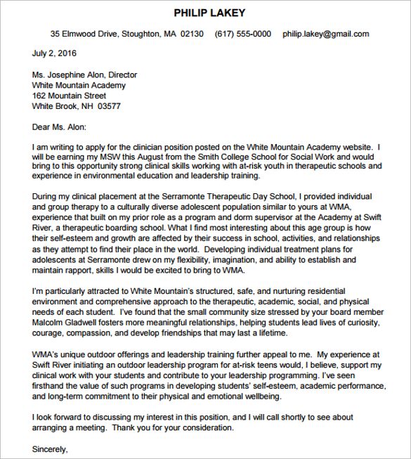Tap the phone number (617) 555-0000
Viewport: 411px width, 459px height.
pos(242,34)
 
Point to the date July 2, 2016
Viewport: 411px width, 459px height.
pos(55,53)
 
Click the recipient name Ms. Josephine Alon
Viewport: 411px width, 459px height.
pos(70,75)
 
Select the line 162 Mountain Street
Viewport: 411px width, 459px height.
pos(70,96)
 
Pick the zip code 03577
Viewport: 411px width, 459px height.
pos(108,106)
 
